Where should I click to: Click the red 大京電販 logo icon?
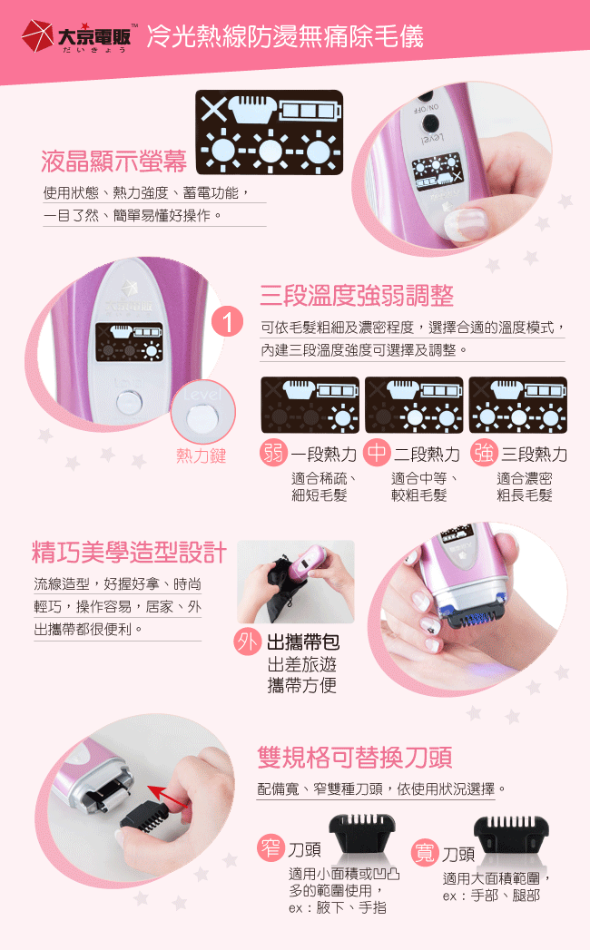37,36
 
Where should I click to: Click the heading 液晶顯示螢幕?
114,162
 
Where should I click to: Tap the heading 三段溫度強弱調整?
357,296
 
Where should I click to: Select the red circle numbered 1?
228,321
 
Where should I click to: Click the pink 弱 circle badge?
274,452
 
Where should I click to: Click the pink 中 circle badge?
378,452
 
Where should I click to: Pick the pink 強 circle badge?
484,452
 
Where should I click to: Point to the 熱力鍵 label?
202,455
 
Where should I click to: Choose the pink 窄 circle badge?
270,847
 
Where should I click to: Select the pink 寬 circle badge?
425,852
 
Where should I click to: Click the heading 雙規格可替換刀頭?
355,758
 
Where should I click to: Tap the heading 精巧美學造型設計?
129,552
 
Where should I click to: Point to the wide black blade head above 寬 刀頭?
510,834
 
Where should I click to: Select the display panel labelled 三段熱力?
518,405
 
